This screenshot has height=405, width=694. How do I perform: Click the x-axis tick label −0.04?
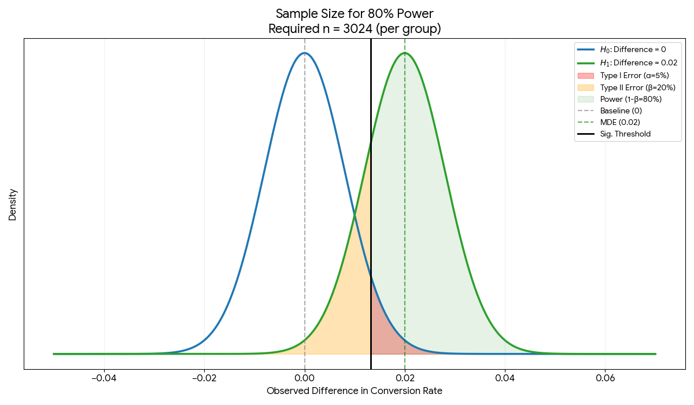pos(104,378)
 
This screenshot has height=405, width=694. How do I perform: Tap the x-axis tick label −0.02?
pos(204,378)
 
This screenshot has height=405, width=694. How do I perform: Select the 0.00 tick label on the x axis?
pos(304,378)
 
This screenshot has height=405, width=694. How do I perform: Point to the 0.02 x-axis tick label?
pos(405,378)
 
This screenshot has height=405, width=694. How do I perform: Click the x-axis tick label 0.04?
pos(505,378)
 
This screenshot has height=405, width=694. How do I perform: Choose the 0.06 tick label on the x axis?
pos(605,378)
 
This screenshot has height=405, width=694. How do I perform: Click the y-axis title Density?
pos(13,204)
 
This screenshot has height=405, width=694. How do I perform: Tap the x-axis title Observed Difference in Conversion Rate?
pos(355,391)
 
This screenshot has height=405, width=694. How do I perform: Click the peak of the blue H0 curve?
pos(304,53)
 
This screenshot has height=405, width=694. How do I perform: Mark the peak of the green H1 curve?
pos(405,53)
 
